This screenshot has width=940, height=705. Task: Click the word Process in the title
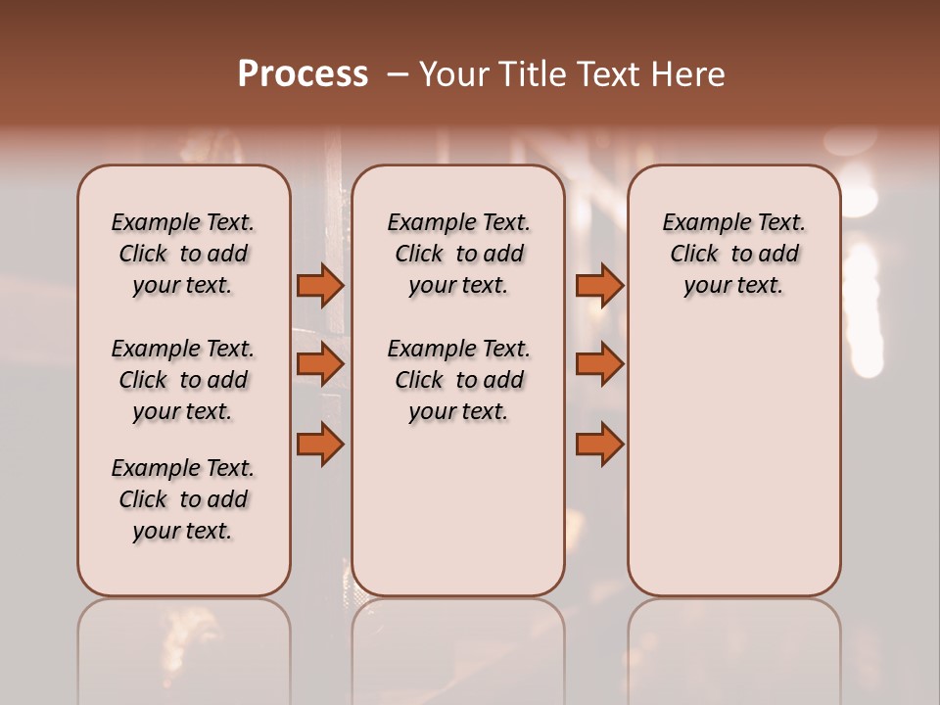click(x=303, y=74)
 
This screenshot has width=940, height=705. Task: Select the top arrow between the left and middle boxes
click(x=320, y=285)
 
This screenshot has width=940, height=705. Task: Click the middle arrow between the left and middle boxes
click(x=320, y=364)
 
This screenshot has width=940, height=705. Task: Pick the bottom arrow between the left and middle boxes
click(x=320, y=444)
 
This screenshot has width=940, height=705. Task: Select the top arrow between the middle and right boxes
click(x=599, y=285)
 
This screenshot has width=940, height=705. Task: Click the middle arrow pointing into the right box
click(x=599, y=364)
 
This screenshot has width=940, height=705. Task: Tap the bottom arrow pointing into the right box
click(x=599, y=444)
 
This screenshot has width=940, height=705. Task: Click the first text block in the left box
click(x=183, y=254)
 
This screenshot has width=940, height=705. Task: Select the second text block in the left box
click(x=183, y=380)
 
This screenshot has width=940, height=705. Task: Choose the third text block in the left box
click(x=183, y=499)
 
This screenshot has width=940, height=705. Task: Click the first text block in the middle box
click(x=458, y=254)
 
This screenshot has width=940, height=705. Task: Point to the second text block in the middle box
click(x=458, y=380)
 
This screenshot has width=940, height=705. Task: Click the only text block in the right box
click(x=734, y=254)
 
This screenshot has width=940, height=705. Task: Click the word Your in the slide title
click(x=450, y=74)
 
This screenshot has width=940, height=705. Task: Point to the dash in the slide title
click(x=397, y=74)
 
